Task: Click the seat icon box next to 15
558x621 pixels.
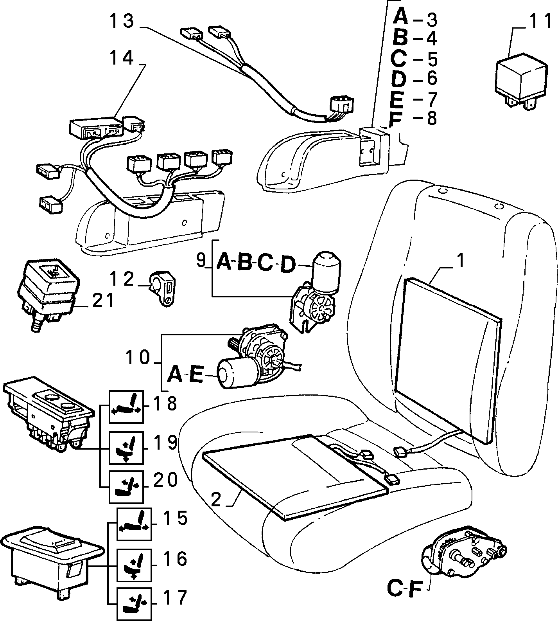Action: tap(134, 525)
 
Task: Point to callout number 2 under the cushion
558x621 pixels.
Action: tap(216, 499)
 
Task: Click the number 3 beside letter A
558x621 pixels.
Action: tap(431, 19)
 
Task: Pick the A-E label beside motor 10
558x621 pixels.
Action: tap(186, 375)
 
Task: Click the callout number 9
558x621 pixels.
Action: tap(201, 260)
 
